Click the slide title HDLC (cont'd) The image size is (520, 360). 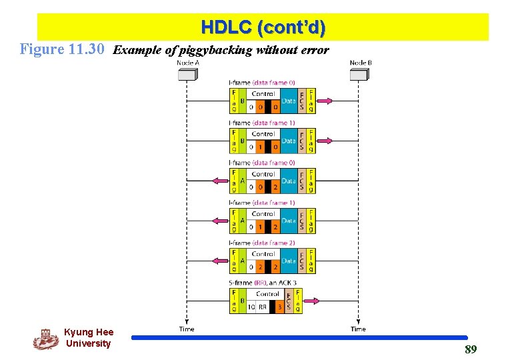(263, 27)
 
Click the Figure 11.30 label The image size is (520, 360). (63, 49)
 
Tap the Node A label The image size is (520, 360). (187, 63)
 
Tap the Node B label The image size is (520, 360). (361, 63)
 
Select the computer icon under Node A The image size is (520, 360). (187, 74)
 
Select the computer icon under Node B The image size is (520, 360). (359, 74)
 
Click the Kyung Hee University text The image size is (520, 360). (89, 337)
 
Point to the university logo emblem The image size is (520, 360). (45, 339)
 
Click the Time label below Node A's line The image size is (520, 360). (187, 329)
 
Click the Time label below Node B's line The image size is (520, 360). (358, 329)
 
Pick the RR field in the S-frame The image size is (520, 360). (263, 307)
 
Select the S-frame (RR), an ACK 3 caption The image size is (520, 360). (263, 283)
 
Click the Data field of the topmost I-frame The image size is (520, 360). (289, 101)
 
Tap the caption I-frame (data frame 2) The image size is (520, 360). (262, 243)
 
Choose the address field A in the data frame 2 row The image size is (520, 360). (242, 261)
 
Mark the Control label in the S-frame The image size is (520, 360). (267, 293)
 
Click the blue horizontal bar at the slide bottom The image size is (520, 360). (299, 338)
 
